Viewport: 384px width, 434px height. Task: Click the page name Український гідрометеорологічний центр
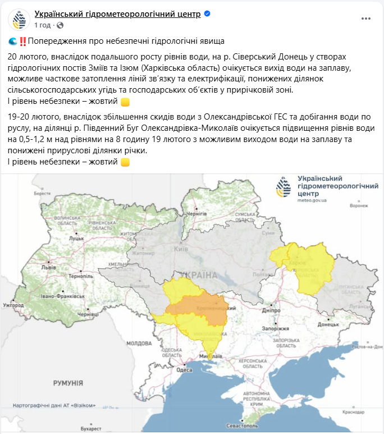coord(117,14)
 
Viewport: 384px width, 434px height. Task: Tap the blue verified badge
coord(207,14)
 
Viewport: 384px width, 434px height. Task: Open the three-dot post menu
coord(365,18)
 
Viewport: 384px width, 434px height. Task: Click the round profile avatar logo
coord(19,19)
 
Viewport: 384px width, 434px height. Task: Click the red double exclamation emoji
coord(22,42)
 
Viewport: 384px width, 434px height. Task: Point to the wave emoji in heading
coord(13,42)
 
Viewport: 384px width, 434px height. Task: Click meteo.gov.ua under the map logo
coord(312,200)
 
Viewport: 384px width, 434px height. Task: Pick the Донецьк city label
coord(328,325)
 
